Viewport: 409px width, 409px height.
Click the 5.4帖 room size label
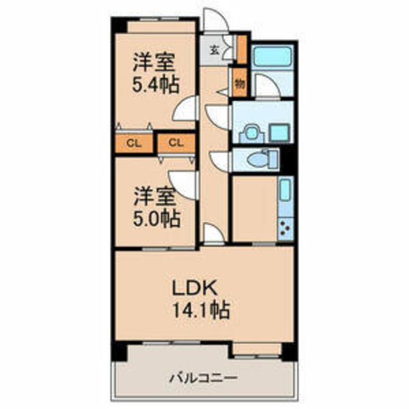(x=156, y=84)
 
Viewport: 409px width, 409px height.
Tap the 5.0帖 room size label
(x=157, y=219)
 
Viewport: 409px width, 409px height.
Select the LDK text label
(x=195, y=288)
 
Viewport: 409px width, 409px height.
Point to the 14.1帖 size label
(x=201, y=310)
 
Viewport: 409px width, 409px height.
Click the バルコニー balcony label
(x=203, y=378)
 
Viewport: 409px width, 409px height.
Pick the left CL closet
(x=134, y=143)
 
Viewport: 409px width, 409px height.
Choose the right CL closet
(x=176, y=143)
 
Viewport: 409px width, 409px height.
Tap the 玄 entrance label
(x=215, y=50)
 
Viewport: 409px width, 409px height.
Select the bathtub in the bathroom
(x=272, y=56)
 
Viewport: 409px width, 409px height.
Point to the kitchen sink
(x=286, y=190)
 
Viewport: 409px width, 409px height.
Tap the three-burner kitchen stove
(x=286, y=229)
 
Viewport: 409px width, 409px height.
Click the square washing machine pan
(x=280, y=132)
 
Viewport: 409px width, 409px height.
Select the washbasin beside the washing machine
(x=251, y=134)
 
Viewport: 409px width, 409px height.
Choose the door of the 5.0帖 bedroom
(x=183, y=185)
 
